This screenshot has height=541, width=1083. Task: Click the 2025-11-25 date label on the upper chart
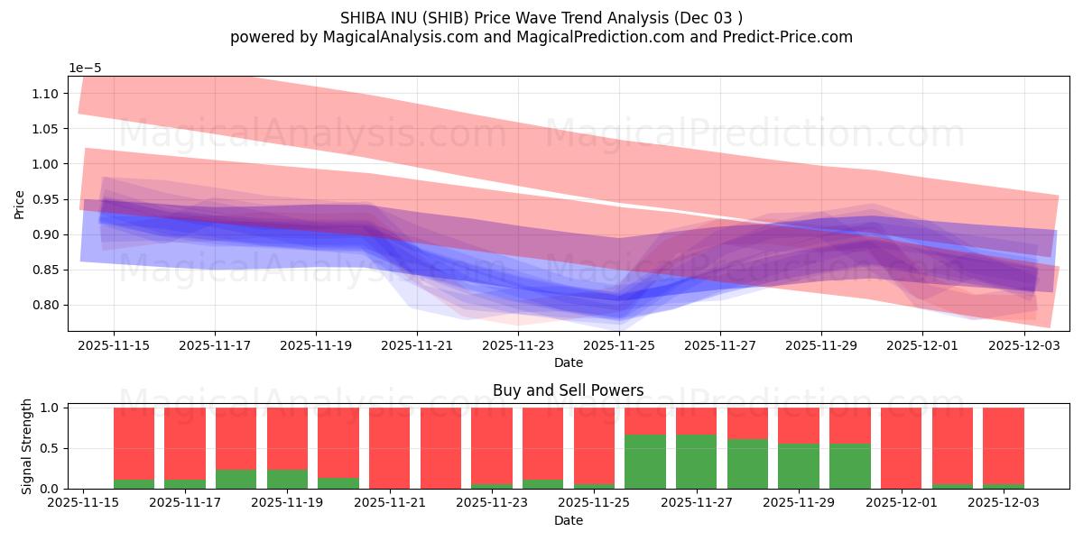[619, 344]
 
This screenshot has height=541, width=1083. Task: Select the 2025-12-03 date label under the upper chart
[1023, 344]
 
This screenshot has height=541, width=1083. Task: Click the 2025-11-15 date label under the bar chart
[84, 502]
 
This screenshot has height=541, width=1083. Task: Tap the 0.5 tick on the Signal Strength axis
[51, 448]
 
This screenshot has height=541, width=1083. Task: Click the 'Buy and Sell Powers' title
[569, 390]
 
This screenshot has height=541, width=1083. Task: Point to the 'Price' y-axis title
[20, 204]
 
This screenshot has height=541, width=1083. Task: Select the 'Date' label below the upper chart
[569, 362]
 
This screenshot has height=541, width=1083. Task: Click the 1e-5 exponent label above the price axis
[85, 68]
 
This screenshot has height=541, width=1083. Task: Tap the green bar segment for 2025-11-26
[644, 462]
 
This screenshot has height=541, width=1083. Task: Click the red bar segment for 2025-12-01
[901, 448]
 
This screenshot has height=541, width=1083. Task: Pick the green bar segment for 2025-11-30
[849, 466]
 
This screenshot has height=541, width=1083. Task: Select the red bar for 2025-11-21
[389, 448]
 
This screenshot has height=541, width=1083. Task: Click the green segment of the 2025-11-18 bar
[236, 480]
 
